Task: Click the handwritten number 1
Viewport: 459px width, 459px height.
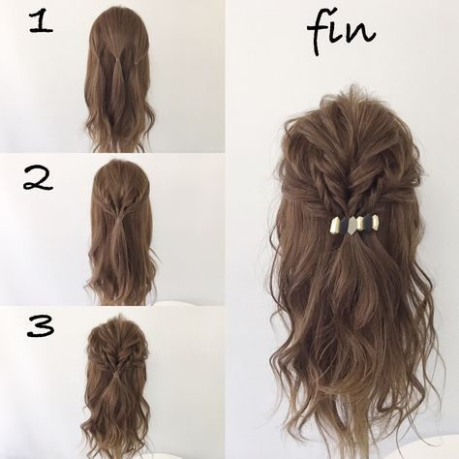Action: [x=42, y=21]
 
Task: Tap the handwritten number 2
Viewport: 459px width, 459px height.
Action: [x=38, y=179]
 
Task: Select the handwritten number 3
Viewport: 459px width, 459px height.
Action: [x=41, y=326]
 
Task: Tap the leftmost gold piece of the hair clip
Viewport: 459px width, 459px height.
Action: [x=335, y=225]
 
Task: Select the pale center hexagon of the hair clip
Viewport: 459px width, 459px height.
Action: [x=354, y=225]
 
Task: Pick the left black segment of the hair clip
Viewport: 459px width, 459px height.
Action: [x=345, y=224]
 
